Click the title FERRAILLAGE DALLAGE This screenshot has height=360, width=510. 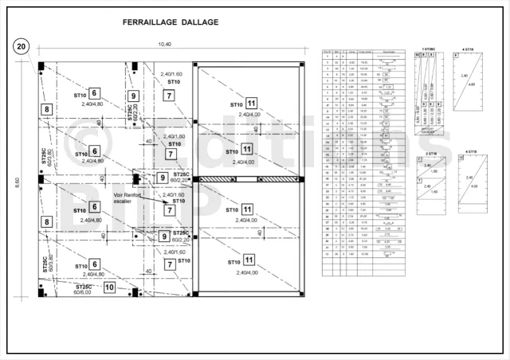coord(170,22)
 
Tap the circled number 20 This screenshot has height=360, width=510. coord(22,47)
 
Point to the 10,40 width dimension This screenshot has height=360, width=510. coord(165,45)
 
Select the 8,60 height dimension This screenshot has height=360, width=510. coord(18,182)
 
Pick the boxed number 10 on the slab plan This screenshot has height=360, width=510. coord(110,287)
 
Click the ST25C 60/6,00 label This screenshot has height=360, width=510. coord(84,288)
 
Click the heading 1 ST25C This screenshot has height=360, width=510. coord(429,50)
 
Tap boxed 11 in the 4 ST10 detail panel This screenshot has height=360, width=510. coord(461,158)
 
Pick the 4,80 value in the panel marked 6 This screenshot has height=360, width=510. coord(473,84)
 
